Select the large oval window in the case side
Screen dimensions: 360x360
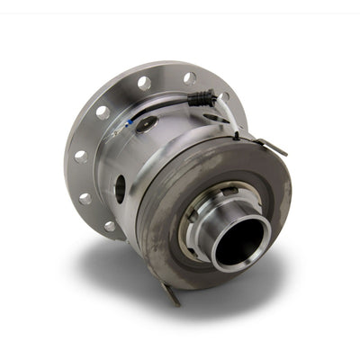point(120,189)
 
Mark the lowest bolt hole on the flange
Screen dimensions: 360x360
point(110,226)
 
